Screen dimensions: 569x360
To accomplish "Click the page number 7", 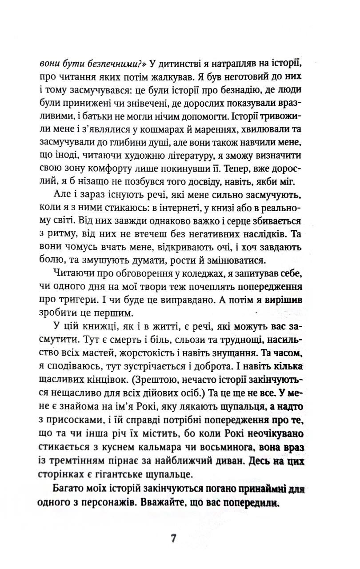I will coord(174,538).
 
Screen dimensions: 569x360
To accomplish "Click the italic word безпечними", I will coord(98,62).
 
